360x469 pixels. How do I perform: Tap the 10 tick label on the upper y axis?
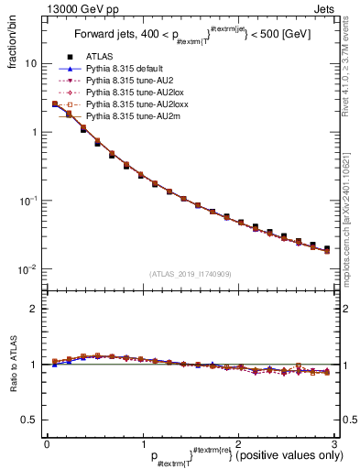(x=29, y=64)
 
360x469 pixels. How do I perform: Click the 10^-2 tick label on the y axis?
(x=27, y=268)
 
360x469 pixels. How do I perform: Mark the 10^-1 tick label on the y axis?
(x=27, y=200)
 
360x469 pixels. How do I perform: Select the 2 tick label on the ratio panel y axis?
(x=33, y=309)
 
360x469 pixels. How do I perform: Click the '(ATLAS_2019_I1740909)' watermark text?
(x=191, y=274)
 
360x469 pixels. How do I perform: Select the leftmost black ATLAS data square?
(x=55, y=104)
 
